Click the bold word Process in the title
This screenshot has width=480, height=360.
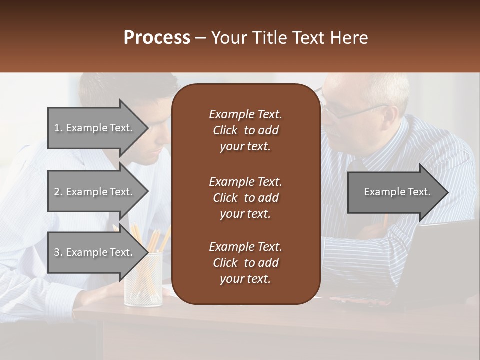[157, 38]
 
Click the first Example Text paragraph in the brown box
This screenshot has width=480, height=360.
[245, 130]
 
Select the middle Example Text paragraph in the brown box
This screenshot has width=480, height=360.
[245, 197]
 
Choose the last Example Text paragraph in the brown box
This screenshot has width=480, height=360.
[245, 263]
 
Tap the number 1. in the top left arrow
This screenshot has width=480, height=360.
[58, 128]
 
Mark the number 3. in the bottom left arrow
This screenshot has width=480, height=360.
[58, 252]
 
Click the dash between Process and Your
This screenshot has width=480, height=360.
[201, 38]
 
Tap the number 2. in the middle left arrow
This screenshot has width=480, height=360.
[58, 192]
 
